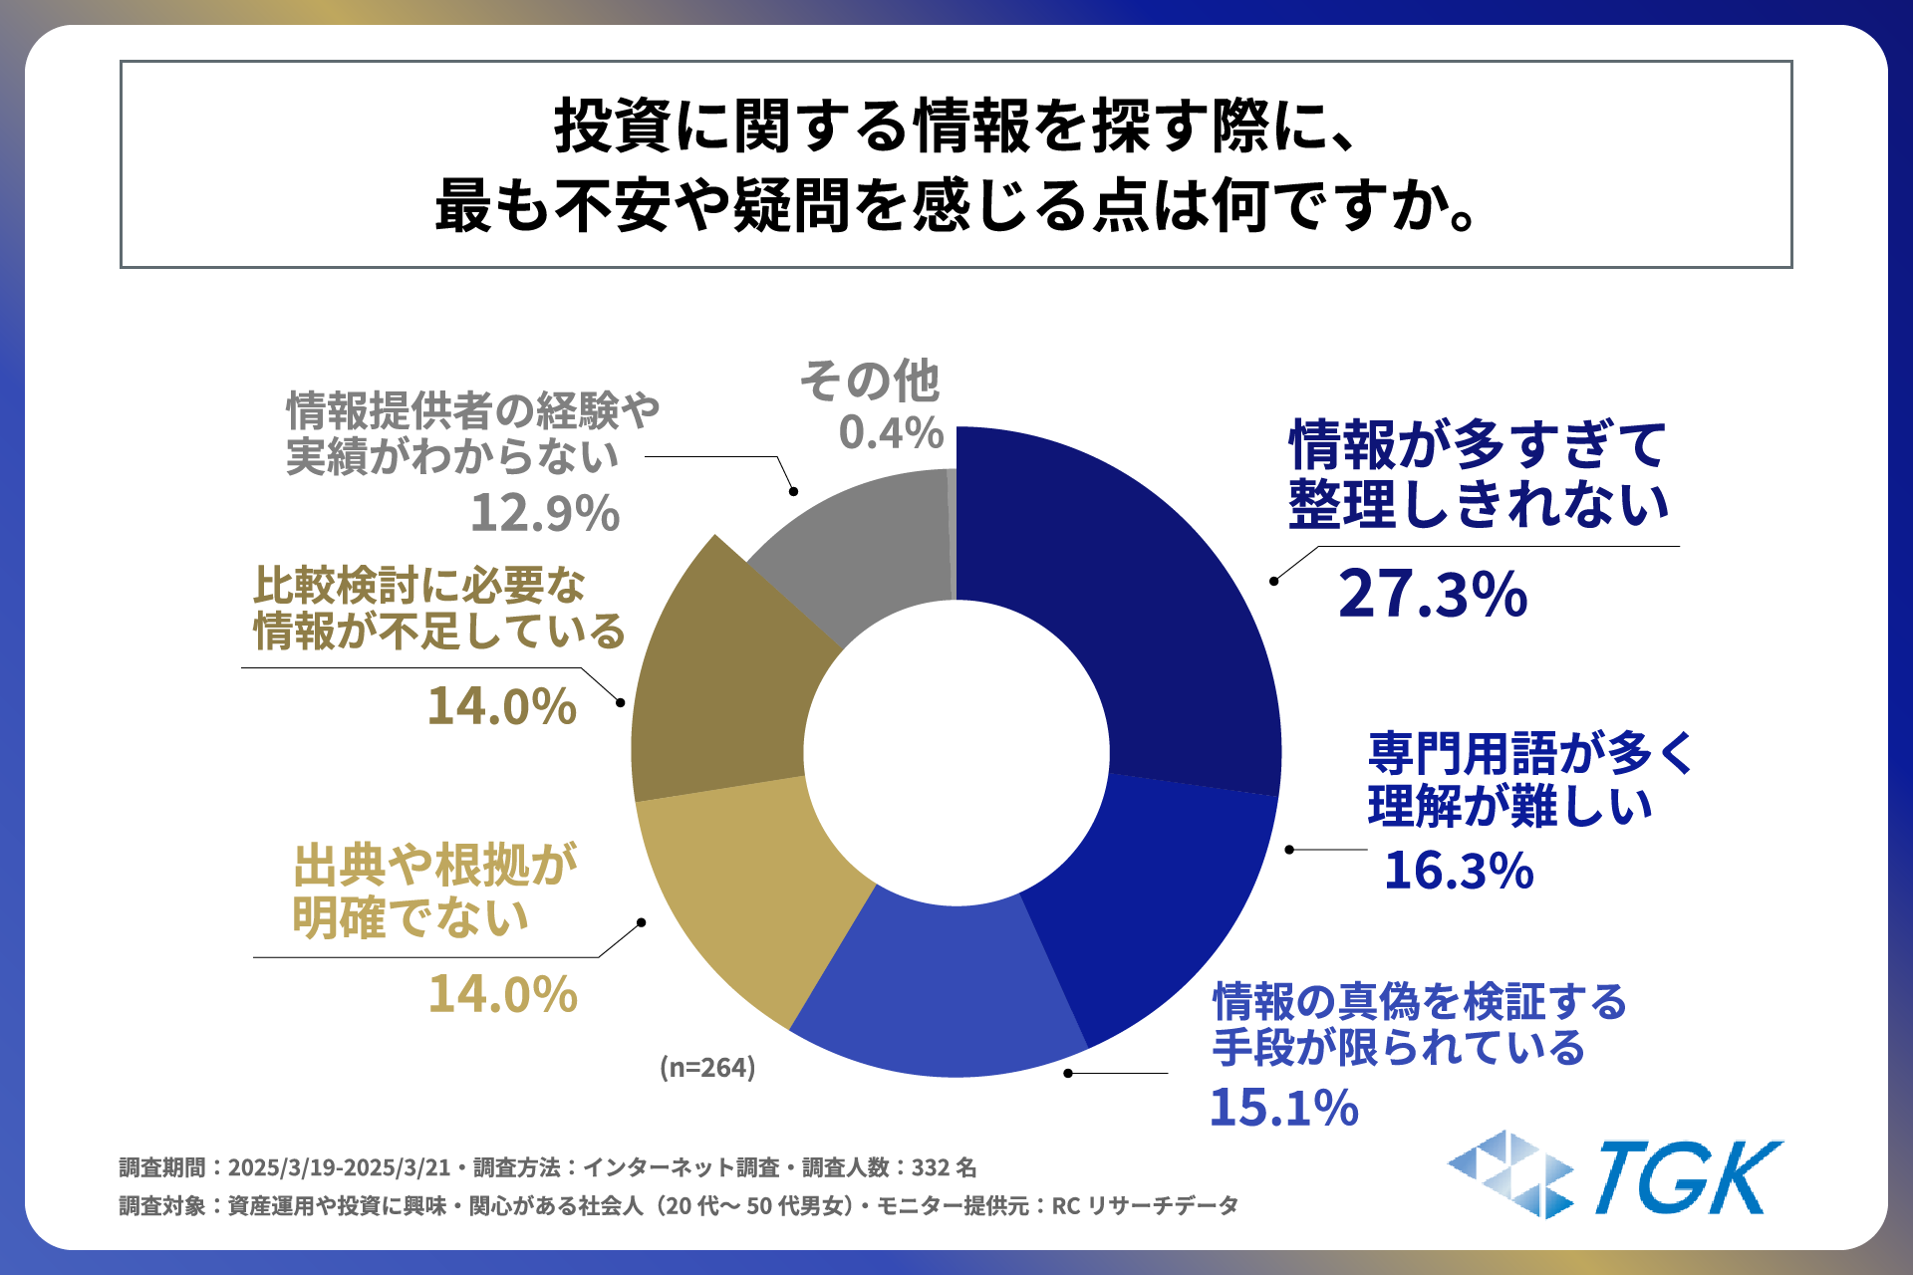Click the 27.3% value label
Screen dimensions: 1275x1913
[1432, 595]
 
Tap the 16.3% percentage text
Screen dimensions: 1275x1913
[1459, 871]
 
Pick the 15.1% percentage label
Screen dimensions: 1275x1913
[1283, 1108]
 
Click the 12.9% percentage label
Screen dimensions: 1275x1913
[544, 514]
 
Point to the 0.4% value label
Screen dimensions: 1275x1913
[891, 432]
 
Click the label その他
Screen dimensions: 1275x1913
[870, 382]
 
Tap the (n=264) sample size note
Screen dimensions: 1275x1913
[707, 1068]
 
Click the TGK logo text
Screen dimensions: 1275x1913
[1688, 1179]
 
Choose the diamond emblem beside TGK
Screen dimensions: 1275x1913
[1510, 1174]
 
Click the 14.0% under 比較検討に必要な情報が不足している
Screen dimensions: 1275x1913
[501, 706]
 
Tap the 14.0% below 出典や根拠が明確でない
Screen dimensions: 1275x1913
[502, 994]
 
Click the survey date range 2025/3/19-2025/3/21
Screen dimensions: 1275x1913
[339, 1167]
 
